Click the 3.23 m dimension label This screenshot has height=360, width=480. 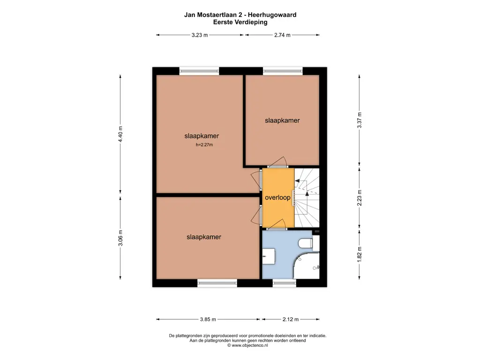pyautogui.click(x=200, y=35)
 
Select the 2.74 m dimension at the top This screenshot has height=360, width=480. pyautogui.click(x=282, y=35)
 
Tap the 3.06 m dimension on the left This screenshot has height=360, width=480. pyautogui.click(x=120, y=238)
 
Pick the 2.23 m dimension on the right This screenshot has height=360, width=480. pyautogui.click(x=360, y=198)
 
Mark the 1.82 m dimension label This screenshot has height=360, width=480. pyautogui.click(x=360, y=254)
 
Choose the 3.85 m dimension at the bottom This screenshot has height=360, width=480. pyautogui.click(x=208, y=319)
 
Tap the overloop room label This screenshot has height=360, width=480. pyautogui.click(x=277, y=198)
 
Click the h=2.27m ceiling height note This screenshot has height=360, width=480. pyautogui.click(x=204, y=145)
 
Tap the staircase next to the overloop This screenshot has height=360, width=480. pyautogui.click(x=307, y=197)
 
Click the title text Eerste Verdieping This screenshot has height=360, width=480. pyautogui.click(x=240, y=22)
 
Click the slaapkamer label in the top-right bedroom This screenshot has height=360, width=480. pyautogui.click(x=282, y=120)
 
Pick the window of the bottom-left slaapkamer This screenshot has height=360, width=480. pyautogui.click(x=217, y=283)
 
